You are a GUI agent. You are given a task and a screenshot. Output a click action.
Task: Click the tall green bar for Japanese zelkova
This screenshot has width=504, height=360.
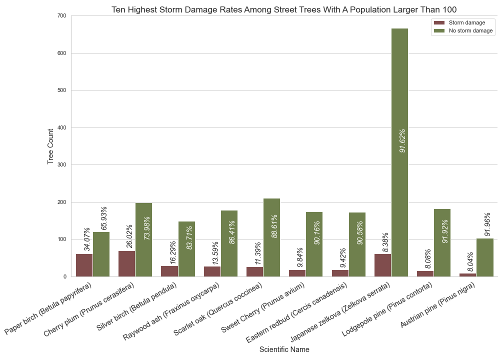[399, 152]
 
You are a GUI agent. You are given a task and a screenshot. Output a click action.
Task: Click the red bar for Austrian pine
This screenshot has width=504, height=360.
[467, 275]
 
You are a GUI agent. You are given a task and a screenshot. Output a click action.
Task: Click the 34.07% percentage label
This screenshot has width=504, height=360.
[87, 239]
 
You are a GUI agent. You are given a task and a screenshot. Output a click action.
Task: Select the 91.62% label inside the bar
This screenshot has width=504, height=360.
[402, 140]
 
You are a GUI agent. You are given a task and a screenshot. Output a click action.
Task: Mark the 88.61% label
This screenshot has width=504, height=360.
[274, 222]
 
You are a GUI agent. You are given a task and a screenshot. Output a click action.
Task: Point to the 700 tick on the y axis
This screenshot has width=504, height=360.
[61, 16]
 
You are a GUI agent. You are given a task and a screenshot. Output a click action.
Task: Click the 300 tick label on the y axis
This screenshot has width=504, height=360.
[61, 165]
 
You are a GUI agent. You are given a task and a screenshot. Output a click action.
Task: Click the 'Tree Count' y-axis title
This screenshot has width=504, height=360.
[50, 146]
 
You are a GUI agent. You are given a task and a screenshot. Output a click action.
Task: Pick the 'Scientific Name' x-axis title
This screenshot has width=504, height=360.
[284, 349]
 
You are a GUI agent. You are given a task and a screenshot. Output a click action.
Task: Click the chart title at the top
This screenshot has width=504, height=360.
[284, 9]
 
